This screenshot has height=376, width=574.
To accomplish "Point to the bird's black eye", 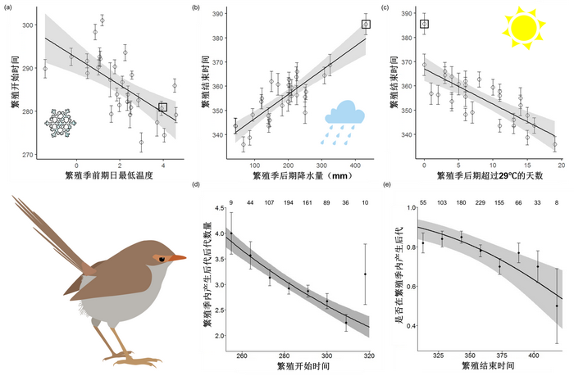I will (162, 259).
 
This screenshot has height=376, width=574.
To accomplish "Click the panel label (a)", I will (9, 7).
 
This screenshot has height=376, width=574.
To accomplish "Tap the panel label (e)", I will (387, 196).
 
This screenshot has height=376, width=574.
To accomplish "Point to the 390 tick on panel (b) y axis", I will (221, 14).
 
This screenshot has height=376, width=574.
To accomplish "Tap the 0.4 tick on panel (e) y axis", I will (409, 325).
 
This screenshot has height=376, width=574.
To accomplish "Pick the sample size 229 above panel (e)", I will (481, 202).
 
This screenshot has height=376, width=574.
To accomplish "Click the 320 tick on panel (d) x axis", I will (368, 356).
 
